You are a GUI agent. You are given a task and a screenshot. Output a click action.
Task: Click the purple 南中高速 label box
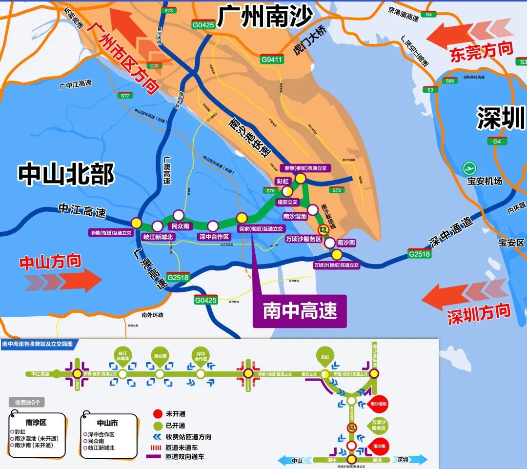(300, 311)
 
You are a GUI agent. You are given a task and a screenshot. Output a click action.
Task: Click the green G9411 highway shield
(271, 60)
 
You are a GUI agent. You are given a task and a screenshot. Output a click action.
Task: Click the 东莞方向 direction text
(482, 51)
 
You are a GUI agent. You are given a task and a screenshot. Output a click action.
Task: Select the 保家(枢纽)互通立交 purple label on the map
(261, 228)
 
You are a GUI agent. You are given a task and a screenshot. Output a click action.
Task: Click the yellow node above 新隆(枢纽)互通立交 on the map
(136, 223)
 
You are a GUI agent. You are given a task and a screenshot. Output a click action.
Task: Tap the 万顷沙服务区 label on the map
(304, 239)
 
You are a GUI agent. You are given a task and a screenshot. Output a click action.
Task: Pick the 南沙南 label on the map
(346, 243)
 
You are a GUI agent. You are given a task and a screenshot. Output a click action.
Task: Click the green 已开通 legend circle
(157, 426)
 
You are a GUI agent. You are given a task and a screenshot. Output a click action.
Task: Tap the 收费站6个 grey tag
(30, 402)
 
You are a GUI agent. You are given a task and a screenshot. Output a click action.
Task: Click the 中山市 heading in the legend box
(107, 423)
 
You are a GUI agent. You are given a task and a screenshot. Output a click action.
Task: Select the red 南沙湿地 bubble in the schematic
(379, 403)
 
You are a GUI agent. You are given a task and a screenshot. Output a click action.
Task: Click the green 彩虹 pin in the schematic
(325, 357)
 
